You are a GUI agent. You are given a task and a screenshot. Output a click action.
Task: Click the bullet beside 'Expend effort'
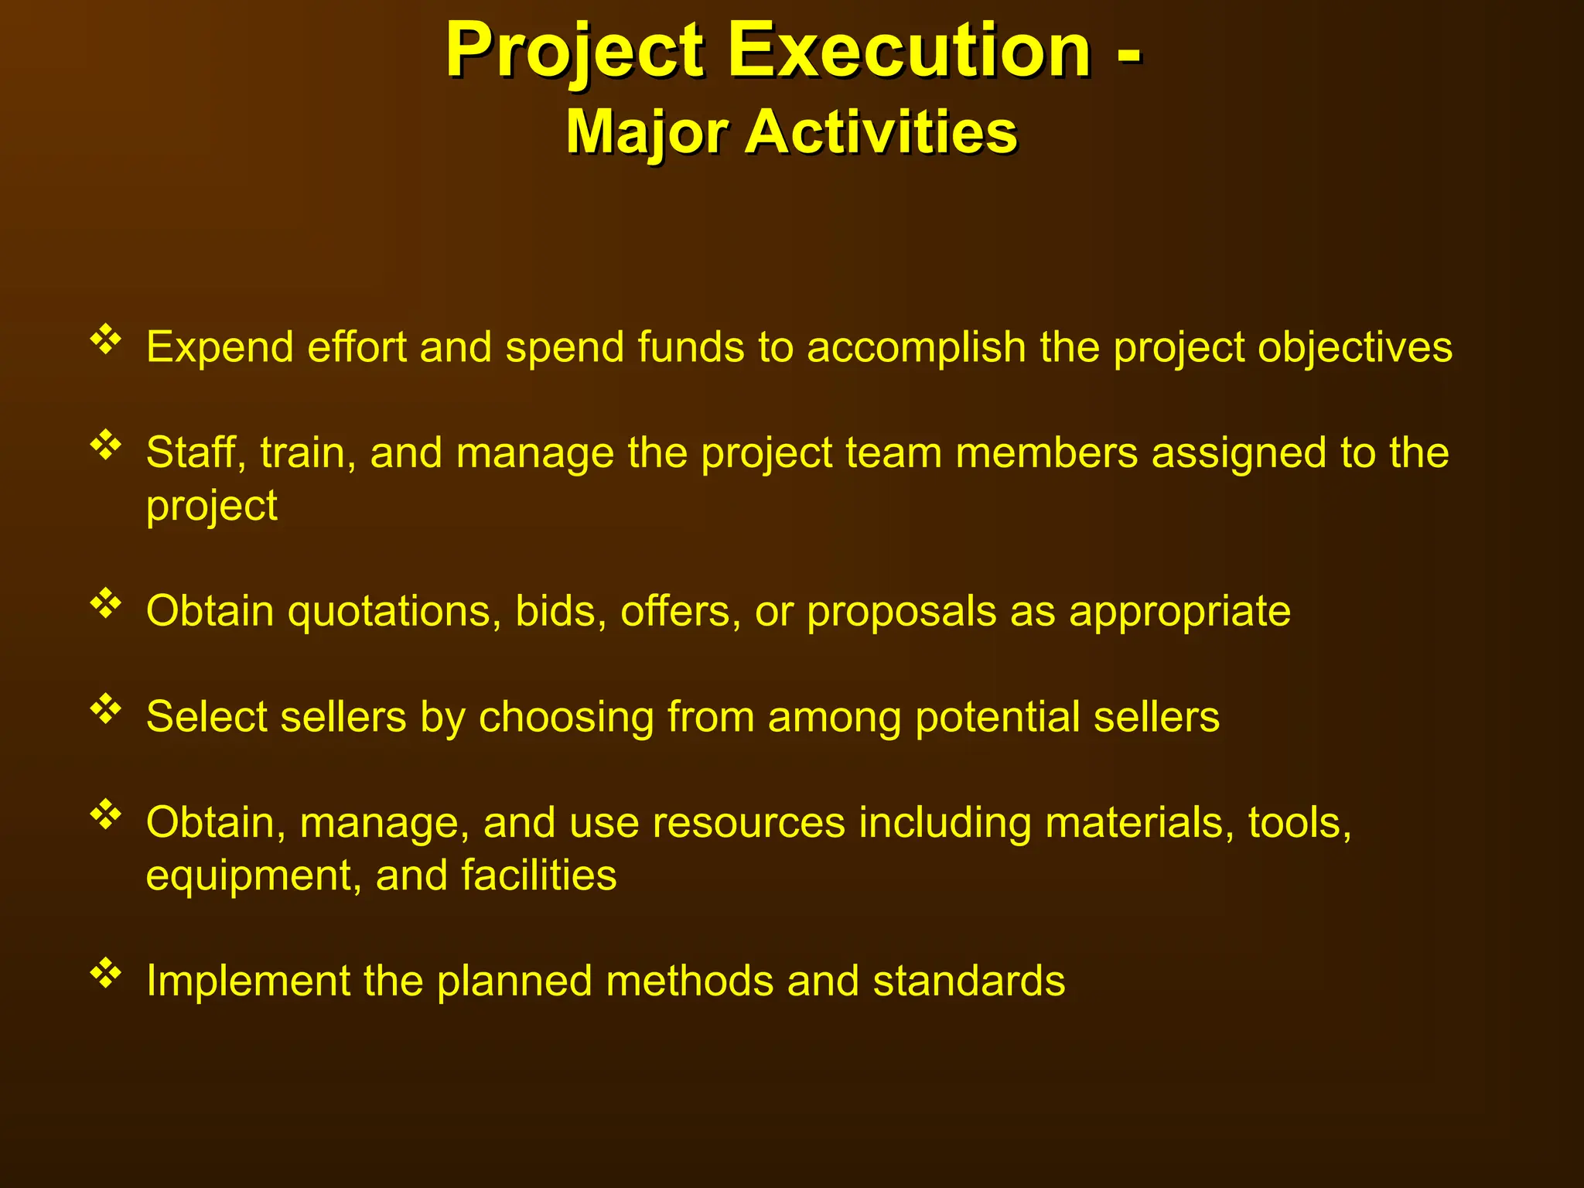coord(106,340)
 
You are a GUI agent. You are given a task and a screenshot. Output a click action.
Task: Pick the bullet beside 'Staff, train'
coord(106,445)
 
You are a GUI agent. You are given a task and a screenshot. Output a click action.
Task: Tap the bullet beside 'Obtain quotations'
coord(106,604)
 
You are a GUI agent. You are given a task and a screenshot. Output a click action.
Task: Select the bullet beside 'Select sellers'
coord(106,709)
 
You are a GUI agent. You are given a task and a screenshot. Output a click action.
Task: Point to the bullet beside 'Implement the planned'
coord(106,973)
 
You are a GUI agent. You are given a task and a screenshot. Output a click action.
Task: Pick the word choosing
coord(566,718)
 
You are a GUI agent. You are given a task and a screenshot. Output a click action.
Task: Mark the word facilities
coord(538,876)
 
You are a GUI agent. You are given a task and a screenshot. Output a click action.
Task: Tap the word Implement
coord(247,981)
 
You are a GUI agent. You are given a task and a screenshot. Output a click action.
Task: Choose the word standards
coord(968,981)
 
